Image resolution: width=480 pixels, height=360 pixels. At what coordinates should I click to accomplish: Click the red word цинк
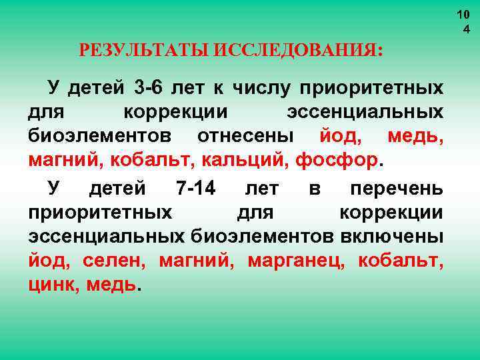tap(52, 285)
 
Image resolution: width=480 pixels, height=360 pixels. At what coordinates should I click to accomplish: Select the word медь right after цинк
tap(112, 285)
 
